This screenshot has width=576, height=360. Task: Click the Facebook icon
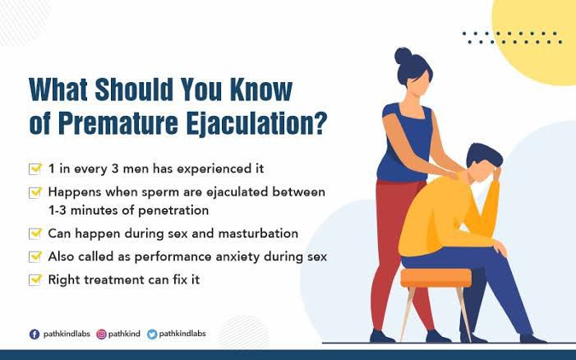[35, 335]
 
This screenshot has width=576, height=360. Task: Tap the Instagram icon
[101, 335]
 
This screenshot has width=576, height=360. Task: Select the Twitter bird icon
[152, 335]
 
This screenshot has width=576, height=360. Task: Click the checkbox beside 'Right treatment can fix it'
[35, 280]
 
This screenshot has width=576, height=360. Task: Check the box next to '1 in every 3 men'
[35, 169]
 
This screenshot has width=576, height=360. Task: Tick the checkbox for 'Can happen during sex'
[35, 233]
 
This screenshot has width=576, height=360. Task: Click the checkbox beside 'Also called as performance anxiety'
[35, 256]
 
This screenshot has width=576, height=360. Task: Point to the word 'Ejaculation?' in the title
[256, 123]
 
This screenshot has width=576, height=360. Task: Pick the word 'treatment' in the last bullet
[114, 280]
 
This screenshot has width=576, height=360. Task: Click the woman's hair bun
[403, 56]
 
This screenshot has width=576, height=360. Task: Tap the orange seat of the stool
[435, 278]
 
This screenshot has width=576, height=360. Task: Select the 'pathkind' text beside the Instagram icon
[124, 334]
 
